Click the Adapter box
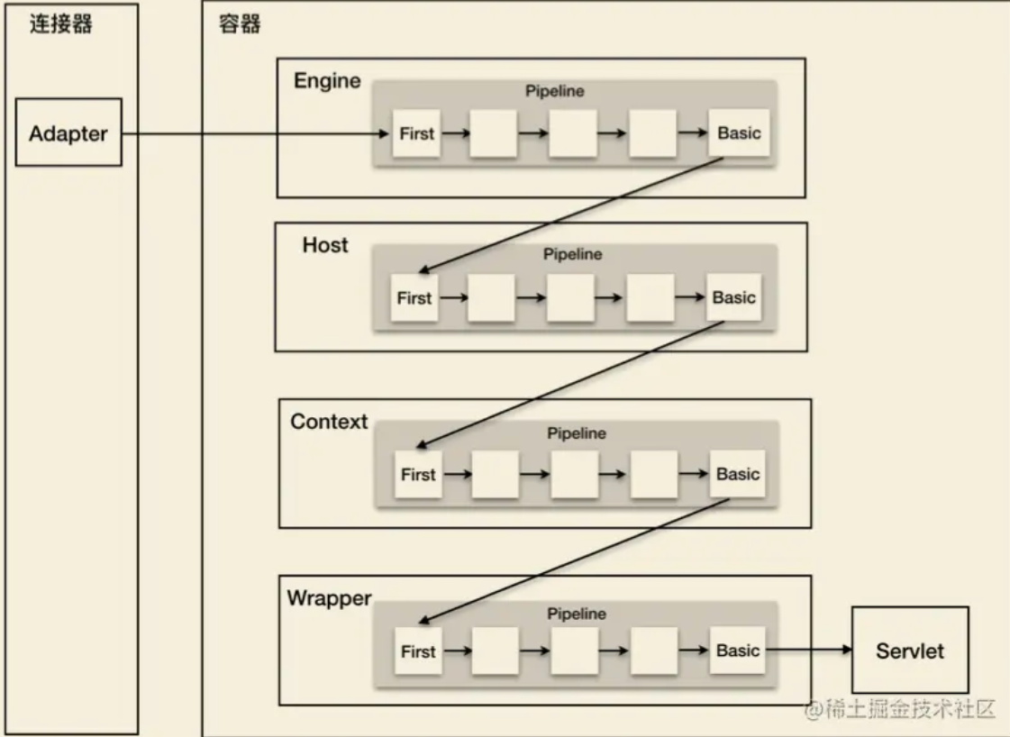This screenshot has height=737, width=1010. [x=68, y=133]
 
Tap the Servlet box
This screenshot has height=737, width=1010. [x=910, y=651]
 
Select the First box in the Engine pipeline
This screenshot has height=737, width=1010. [x=416, y=133]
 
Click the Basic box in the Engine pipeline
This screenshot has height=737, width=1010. [x=739, y=133]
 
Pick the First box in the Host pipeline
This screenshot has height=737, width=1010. [x=414, y=298]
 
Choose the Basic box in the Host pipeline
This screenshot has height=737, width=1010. [x=733, y=298]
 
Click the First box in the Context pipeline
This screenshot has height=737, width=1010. [x=418, y=475]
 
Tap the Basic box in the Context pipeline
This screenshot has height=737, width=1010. [x=738, y=475]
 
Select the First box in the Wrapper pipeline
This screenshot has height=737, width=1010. [x=418, y=651]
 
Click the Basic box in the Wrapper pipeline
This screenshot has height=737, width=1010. [x=738, y=651]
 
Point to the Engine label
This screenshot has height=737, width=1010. [x=327, y=81]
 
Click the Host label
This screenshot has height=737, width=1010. [x=325, y=245]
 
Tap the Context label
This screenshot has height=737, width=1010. [x=329, y=422]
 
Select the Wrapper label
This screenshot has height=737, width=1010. [x=329, y=598]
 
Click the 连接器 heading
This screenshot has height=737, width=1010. [x=62, y=23]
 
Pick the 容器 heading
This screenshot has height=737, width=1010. [x=241, y=23]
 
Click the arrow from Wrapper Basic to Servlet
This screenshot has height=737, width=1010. [x=808, y=651]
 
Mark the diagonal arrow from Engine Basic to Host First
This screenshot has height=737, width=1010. [x=572, y=214]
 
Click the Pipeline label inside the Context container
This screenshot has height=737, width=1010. [x=577, y=433]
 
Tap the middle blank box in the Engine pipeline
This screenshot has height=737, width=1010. [x=573, y=133]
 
